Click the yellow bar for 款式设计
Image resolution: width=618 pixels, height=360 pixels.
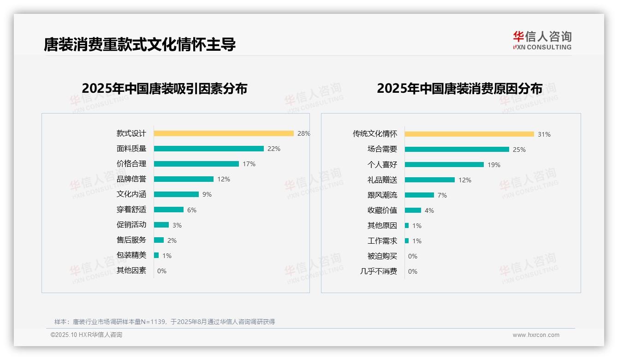(x=224, y=133)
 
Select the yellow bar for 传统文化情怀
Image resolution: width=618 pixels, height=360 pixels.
(x=469, y=134)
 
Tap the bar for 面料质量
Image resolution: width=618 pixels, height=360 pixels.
(x=208, y=149)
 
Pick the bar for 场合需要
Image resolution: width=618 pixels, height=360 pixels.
(x=457, y=150)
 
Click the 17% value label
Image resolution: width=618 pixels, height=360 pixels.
(x=249, y=164)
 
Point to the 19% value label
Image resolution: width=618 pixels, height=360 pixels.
(x=493, y=165)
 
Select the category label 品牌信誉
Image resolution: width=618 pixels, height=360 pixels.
(x=131, y=179)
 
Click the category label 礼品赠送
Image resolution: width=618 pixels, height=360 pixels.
(x=382, y=180)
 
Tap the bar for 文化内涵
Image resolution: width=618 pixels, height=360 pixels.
(x=176, y=194)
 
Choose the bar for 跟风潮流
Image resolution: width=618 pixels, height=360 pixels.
(x=419, y=195)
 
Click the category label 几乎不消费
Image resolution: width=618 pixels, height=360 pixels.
(x=378, y=271)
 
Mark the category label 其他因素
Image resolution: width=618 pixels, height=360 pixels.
(x=131, y=270)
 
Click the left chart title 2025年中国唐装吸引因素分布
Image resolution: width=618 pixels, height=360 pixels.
(x=165, y=89)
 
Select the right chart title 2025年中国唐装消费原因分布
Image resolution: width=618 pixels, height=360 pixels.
(x=459, y=89)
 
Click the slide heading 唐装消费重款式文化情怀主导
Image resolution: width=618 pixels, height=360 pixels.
(x=140, y=44)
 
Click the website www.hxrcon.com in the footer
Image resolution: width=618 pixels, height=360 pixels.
(x=536, y=335)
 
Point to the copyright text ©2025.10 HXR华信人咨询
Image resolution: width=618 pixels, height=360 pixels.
(x=86, y=335)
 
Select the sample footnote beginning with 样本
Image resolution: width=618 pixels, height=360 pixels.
(x=165, y=322)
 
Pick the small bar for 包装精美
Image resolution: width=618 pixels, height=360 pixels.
(x=156, y=255)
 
